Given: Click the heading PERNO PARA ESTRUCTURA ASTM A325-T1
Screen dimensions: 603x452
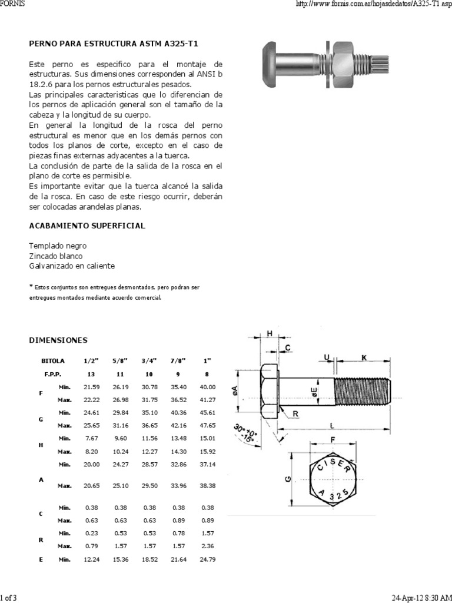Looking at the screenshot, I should point(118,44).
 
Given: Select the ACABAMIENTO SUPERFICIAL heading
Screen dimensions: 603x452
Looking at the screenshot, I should point(87,226).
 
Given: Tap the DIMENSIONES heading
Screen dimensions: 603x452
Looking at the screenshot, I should point(58,340).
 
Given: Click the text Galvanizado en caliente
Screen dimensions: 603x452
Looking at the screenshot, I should point(72,266).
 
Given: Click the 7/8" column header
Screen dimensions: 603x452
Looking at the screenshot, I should point(177,360).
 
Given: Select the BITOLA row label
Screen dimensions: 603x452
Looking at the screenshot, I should point(53,360).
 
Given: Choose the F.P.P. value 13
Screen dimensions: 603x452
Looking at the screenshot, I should point(90,373).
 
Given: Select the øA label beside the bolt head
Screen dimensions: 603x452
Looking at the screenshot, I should point(235,389).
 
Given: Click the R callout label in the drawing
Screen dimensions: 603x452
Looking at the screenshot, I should point(295,414).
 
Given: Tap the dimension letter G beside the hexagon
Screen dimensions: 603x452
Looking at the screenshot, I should point(287,479).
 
